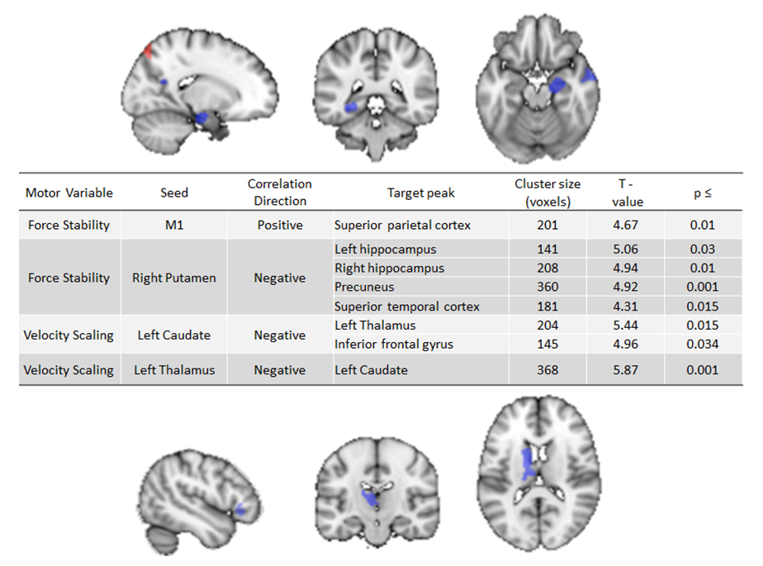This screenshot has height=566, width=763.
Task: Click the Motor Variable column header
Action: (69, 193)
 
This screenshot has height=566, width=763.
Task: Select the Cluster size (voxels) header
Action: (547, 192)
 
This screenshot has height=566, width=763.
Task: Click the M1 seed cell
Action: (174, 225)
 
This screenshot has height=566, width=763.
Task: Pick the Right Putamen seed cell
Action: (174, 278)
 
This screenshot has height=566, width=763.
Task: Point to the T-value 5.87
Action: (628, 370)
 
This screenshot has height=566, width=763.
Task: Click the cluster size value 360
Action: (547, 287)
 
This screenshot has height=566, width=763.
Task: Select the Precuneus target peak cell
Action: (364, 287)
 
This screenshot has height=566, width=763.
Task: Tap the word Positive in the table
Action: (280, 225)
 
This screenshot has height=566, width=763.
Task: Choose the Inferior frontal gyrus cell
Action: (394, 344)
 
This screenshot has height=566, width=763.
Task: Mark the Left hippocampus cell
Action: (386, 249)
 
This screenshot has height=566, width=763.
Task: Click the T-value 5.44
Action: (628, 326)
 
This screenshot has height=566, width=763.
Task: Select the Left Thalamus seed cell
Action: (174, 370)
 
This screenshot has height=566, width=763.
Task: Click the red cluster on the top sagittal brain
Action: (148, 51)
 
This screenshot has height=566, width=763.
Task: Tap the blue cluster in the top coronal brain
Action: (352, 107)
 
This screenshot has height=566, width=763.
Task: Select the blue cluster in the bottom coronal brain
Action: (371, 498)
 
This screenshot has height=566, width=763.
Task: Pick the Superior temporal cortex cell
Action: (407, 307)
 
